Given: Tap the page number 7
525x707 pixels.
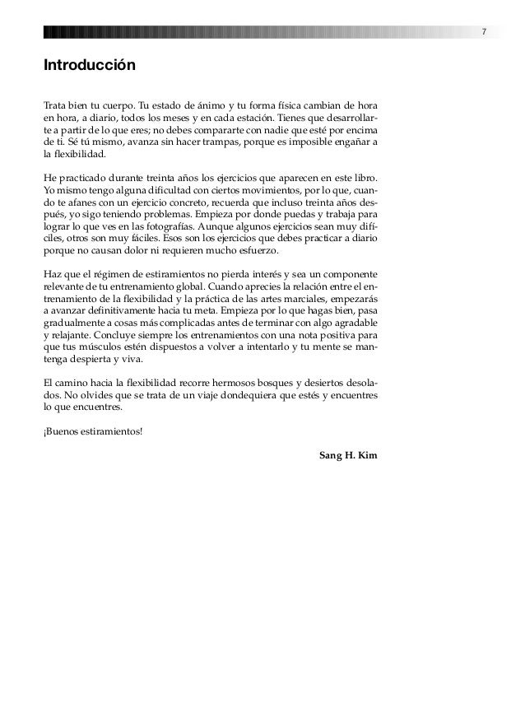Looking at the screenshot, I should (x=484, y=32).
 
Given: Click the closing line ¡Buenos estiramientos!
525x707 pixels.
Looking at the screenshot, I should (x=92, y=431).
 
